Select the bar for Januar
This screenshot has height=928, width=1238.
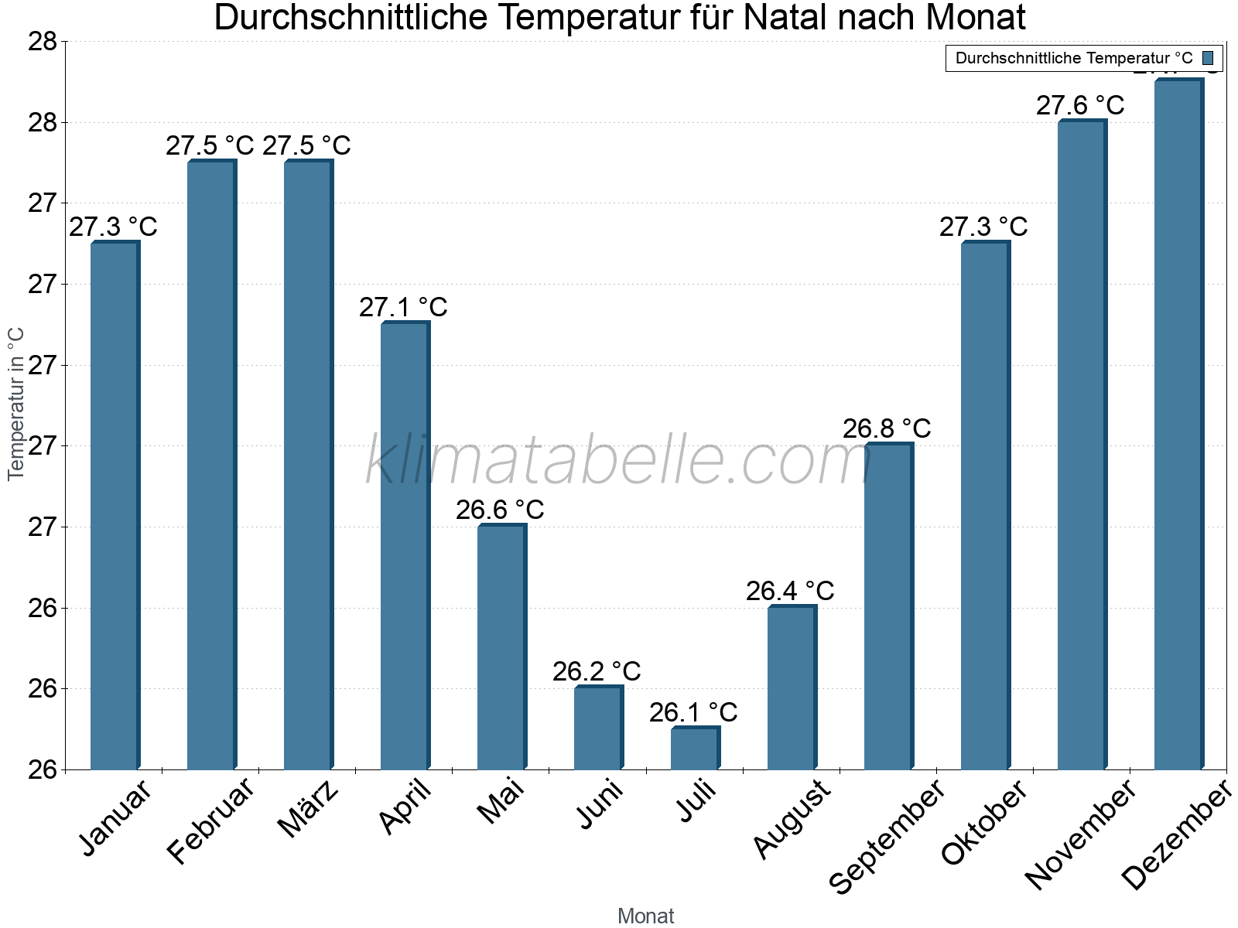(115, 506)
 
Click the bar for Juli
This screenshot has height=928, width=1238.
(695, 748)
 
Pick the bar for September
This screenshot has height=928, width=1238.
(888, 606)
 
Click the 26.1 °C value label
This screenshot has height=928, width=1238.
(693, 712)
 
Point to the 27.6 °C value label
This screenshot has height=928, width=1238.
(1080, 105)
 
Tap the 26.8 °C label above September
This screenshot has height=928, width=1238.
(887, 428)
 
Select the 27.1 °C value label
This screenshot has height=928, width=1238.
(403, 308)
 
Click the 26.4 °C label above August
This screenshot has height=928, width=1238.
(790, 591)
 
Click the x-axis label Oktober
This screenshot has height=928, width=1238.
(984, 823)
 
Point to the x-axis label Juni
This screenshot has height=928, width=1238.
(600, 805)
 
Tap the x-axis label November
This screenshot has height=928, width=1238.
(1080, 834)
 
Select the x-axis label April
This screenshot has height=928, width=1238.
(405, 808)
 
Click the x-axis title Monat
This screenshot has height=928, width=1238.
(645, 916)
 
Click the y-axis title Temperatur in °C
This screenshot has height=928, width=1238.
(16, 404)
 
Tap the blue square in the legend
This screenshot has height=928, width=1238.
(1208, 58)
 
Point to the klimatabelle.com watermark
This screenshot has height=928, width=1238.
(618, 461)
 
